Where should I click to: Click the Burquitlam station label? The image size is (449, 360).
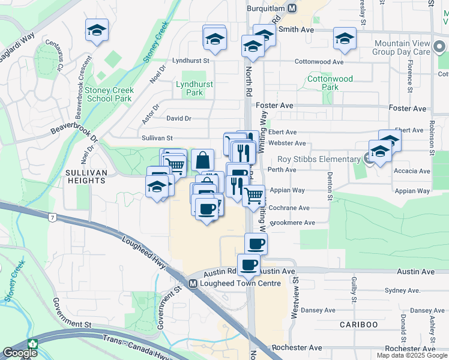pyautogui.click(x=265, y=8)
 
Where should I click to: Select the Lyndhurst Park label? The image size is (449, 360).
pyautogui.click(x=194, y=89)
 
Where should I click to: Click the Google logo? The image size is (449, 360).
pyautogui.click(x=20, y=353)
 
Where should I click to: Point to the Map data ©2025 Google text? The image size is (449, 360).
pyautogui.click(x=411, y=355)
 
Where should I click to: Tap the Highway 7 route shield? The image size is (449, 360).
pyautogui.click(x=53, y=217)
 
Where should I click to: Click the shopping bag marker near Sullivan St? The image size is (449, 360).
pyautogui.click(x=202, y=160)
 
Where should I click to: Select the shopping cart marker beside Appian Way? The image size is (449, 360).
pyautogui.click(x=254, y=195)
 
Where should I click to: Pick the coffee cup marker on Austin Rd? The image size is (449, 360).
pyautogui.click(x=249, y=265)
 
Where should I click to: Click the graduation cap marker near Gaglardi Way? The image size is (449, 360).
pyautogui.click(x=96, y=31)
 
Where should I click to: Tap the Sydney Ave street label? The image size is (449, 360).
pyautogui.click(x=402, y=290)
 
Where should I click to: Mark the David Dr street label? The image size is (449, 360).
pyautogui.click(x=179, y=119)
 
